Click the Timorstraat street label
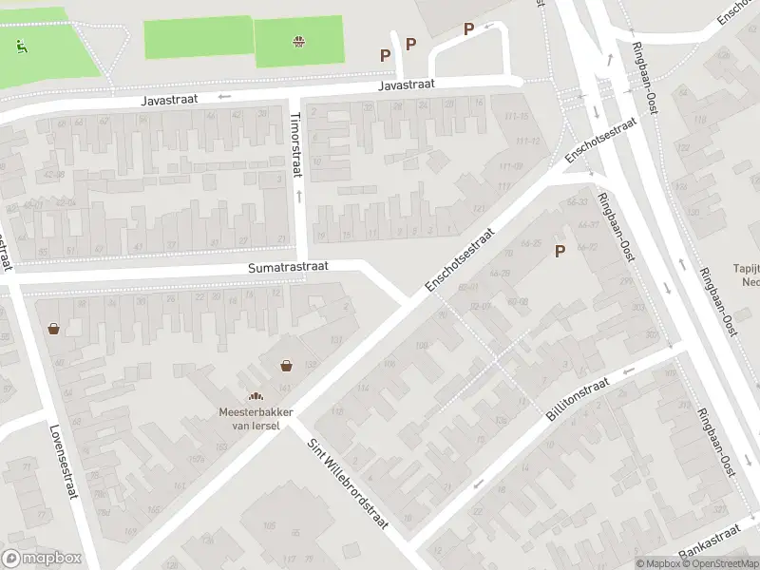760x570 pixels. [294, 143]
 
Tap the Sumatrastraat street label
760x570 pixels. [288, 268]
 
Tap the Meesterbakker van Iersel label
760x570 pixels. [256, 418]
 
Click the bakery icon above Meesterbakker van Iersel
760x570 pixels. [255, 396]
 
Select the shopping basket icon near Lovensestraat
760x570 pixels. [54, 329]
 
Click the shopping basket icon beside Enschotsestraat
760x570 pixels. [286, 366]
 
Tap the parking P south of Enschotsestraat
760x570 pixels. [560, 251]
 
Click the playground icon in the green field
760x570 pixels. [299, 41]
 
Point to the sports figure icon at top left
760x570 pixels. [20, 45]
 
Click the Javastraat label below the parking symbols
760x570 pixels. [406, 85]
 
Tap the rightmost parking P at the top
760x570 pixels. [468, 28]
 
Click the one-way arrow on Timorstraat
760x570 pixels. [300, 195]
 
